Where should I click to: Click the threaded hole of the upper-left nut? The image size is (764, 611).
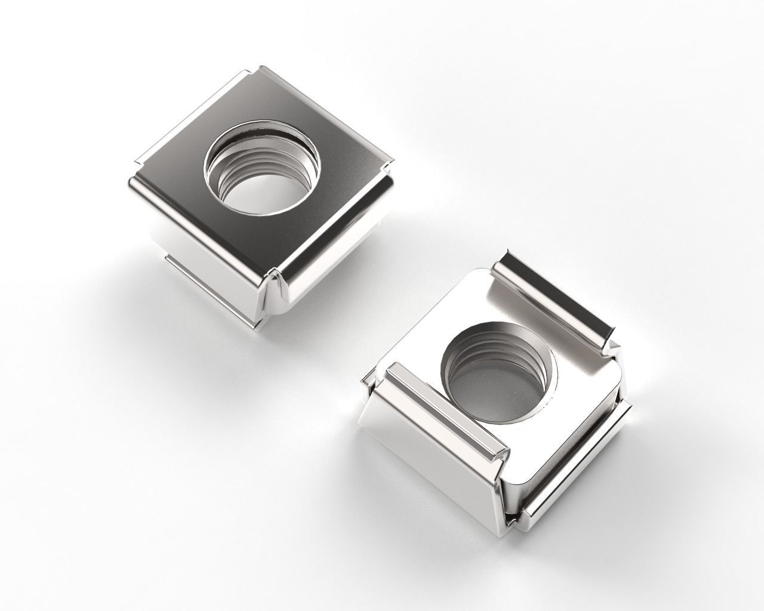tap(263, 170)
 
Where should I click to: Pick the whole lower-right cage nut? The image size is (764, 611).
tap(495, 388)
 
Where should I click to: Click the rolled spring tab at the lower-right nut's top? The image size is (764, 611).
tap(558, 298)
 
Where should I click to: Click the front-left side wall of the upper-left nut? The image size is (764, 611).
tap(197, 251)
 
